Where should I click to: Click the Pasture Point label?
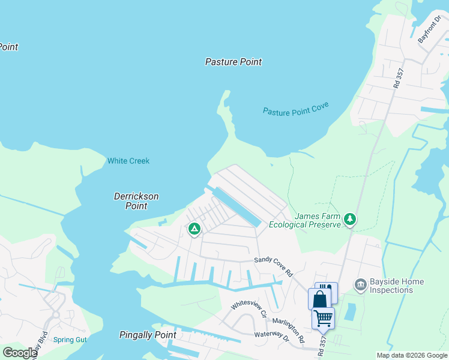tap(234, 62)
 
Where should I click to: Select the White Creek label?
tap(128, 161)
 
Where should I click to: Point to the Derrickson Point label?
tap(136, 201)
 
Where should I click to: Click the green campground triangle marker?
tap(194, 229)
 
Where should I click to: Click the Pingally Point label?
tap(148, 335)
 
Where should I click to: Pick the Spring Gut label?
tap(70, 340)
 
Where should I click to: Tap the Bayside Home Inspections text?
tap(397, 286)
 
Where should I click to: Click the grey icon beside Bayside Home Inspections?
tap(360, 284)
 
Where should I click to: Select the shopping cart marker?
tap(323, 317)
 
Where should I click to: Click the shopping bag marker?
tap(318, 299)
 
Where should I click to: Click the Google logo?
tap(19, 353)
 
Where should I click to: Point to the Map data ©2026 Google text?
tap(412, 355)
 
